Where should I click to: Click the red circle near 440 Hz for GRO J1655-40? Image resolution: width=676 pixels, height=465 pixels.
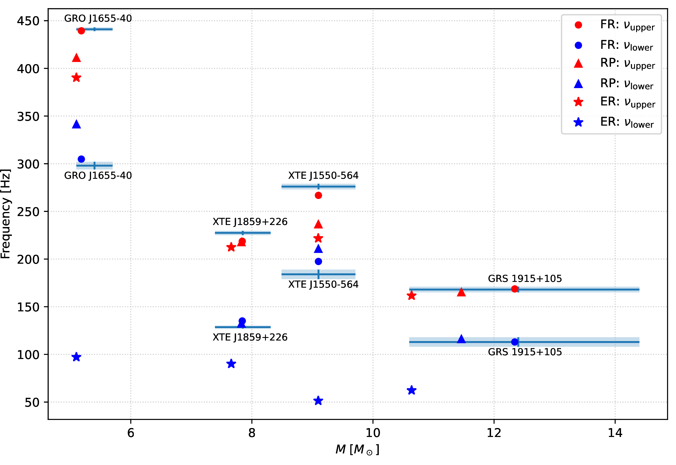(x=81, y=31)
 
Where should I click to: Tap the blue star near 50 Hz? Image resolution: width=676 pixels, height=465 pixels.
(x=318, y=401)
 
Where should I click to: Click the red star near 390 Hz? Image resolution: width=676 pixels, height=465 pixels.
(x=76, y=78)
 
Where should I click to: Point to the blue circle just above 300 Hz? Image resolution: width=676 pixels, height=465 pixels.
(x=81, y=159)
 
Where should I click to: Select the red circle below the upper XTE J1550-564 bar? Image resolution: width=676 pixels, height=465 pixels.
(x=318, y=196)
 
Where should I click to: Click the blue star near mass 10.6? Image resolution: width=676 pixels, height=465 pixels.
(x=411, y=390)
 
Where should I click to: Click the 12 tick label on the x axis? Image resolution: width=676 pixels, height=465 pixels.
(x=494, y=433)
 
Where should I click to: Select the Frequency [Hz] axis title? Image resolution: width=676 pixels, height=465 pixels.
(x=6, y=214)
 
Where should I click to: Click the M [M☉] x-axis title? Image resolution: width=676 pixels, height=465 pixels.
(x=358, y=449)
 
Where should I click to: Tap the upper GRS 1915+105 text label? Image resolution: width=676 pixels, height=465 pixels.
(x=525, y=278)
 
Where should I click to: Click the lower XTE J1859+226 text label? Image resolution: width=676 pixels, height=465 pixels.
(x=250, y=337)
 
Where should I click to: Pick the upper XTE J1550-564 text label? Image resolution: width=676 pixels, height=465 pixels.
(x=323, y=175)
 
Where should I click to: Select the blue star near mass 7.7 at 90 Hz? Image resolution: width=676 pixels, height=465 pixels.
(x=231, y=364)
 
